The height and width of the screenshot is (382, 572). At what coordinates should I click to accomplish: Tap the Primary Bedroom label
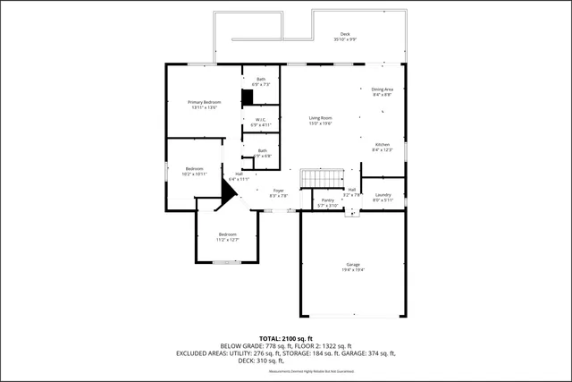pyautogui.click(x=203, y=103)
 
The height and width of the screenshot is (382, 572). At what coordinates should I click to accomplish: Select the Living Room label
pyautogui.click(x=321, y=118)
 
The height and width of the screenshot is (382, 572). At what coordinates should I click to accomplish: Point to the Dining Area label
pyautogui.click(x=383, y=89)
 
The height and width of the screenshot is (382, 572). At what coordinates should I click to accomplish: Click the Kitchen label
pyautogui.click(x=383, y=144)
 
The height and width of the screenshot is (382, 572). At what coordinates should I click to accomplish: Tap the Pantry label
pyautogui.click(x=328, y=200)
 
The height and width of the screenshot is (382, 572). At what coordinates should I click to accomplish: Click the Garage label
pyautogui.click(x=353, y=264)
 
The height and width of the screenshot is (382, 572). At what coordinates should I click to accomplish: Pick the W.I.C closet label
pyautogui.click(x=260, y=120)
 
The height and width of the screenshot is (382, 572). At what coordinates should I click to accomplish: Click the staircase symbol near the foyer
pyautogui.click(x=322, y=177)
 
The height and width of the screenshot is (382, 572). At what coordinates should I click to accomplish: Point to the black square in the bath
pyautogui.click(x=247, y=98)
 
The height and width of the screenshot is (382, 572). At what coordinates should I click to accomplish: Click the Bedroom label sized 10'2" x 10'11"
pyautogui.click(x=194, y=169)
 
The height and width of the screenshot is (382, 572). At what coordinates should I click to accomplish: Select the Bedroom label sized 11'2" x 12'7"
pyautogui.click(x=227, y=234)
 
